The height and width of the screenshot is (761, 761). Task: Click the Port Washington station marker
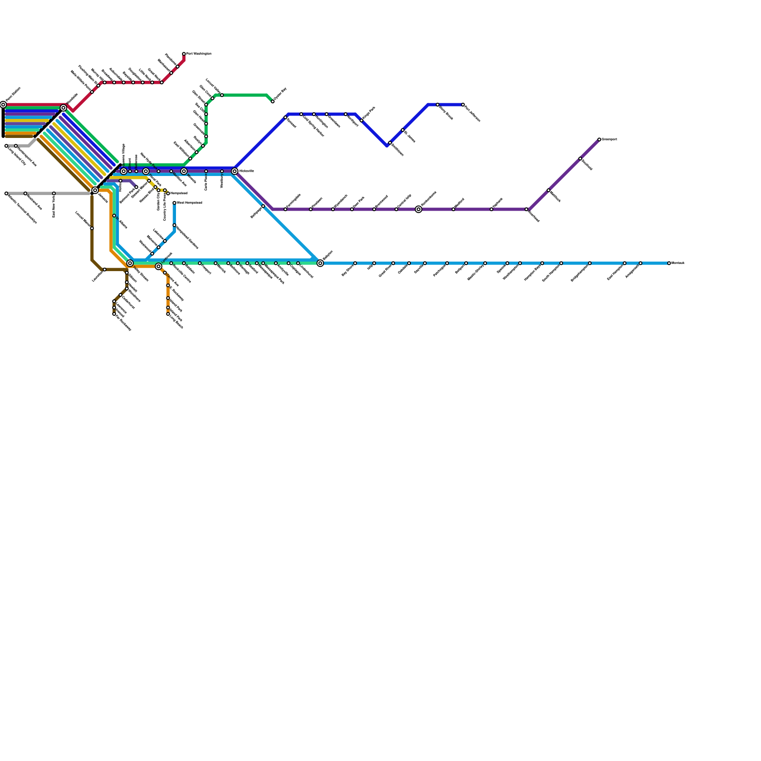(184, 54)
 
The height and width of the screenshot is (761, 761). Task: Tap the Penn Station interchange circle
(3, 105)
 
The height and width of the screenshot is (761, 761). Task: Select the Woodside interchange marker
(64, 108)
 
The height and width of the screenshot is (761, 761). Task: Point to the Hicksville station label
(246, 171)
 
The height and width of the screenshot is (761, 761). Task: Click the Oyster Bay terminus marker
(273, 101)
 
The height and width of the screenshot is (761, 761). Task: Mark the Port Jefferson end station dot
(463, 105)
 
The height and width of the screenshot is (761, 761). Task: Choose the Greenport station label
(609, 139)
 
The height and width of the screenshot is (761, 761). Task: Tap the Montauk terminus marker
(669, 263)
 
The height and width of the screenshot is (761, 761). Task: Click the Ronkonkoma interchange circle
(419, 209)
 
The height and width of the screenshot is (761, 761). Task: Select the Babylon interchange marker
(321, 263)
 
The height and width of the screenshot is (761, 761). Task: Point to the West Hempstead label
(190, 203)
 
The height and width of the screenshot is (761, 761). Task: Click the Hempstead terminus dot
(168, 194)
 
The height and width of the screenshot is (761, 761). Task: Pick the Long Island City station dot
(7, 146)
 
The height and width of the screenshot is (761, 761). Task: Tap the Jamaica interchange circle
(95, 190)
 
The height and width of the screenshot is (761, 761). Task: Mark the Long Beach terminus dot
(168, 314)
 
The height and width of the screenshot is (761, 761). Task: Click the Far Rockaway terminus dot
(114, 314)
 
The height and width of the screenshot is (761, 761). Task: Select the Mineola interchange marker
(184, 171)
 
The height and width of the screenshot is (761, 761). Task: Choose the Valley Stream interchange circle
(130, 263)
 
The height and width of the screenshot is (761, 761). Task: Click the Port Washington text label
(199, 54)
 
